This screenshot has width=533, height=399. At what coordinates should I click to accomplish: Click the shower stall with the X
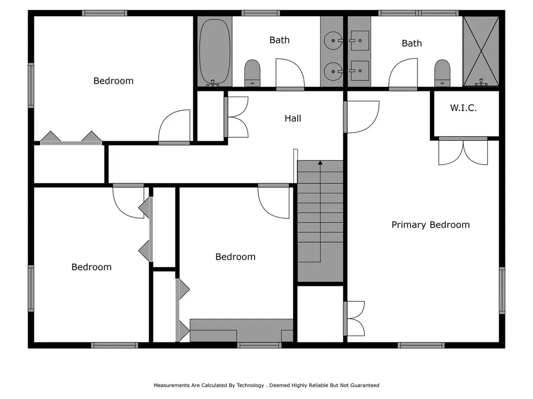tap(480, 51)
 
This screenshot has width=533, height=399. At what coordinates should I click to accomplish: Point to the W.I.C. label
tap(463, 108)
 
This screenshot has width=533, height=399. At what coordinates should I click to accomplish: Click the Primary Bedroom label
tap(430, 225)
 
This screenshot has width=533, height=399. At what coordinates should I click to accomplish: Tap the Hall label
tap(293, 118)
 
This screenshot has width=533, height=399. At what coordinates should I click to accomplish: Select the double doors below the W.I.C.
tap(463, 152)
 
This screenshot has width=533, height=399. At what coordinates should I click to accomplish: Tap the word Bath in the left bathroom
tap(280, 40)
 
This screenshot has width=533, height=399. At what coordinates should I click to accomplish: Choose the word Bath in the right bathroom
tap(412, 43)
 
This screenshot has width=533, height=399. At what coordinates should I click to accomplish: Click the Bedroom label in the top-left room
tap(113, 81)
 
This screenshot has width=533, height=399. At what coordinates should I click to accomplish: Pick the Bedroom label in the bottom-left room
tap(92, 267)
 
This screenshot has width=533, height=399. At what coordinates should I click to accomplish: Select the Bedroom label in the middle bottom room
tap(235, 257)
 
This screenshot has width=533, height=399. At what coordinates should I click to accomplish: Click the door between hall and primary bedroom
tap(361, 116)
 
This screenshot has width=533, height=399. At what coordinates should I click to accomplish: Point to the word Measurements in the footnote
tap(171, 385)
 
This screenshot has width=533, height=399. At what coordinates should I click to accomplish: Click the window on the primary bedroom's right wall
tap(502, 290)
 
